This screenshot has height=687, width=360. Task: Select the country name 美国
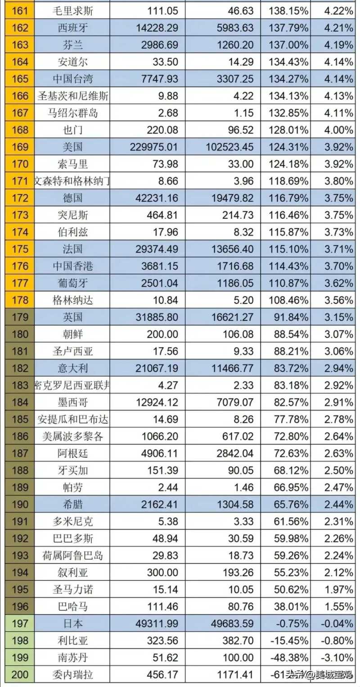pyautogui.click(x=73, y=147)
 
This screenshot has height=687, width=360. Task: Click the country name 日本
pyautogui.click(x=73, y=624)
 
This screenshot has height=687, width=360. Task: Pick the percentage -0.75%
pyautogui.click(x=292, y=624)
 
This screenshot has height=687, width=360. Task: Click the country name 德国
pyautogui.click(x=73, y=198)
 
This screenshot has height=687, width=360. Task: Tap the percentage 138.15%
pyautogui.click(x=288, y=10)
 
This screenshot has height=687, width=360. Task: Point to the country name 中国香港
pyautogui.click(x=73, y=266)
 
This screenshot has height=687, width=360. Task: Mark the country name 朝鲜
pyautogui.click(x=73, y=334)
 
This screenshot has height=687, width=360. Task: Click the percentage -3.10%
pyautogui.click(x=338, y=657)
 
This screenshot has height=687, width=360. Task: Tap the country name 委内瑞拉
pyautogui.click(x=73, y=674)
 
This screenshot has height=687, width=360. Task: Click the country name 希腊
pyautogui.click(x=73, y=504)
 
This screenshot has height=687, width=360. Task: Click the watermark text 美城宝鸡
pyautogui.click(x=335, y=674)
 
